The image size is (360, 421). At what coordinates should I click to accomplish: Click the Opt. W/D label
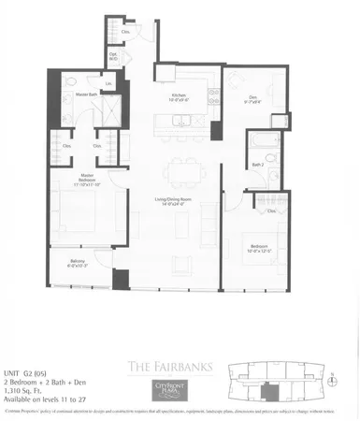click(113, 55)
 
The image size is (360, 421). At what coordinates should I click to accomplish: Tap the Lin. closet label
click(108, 86)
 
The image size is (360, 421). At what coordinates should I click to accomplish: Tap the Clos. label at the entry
click(126, 31)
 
